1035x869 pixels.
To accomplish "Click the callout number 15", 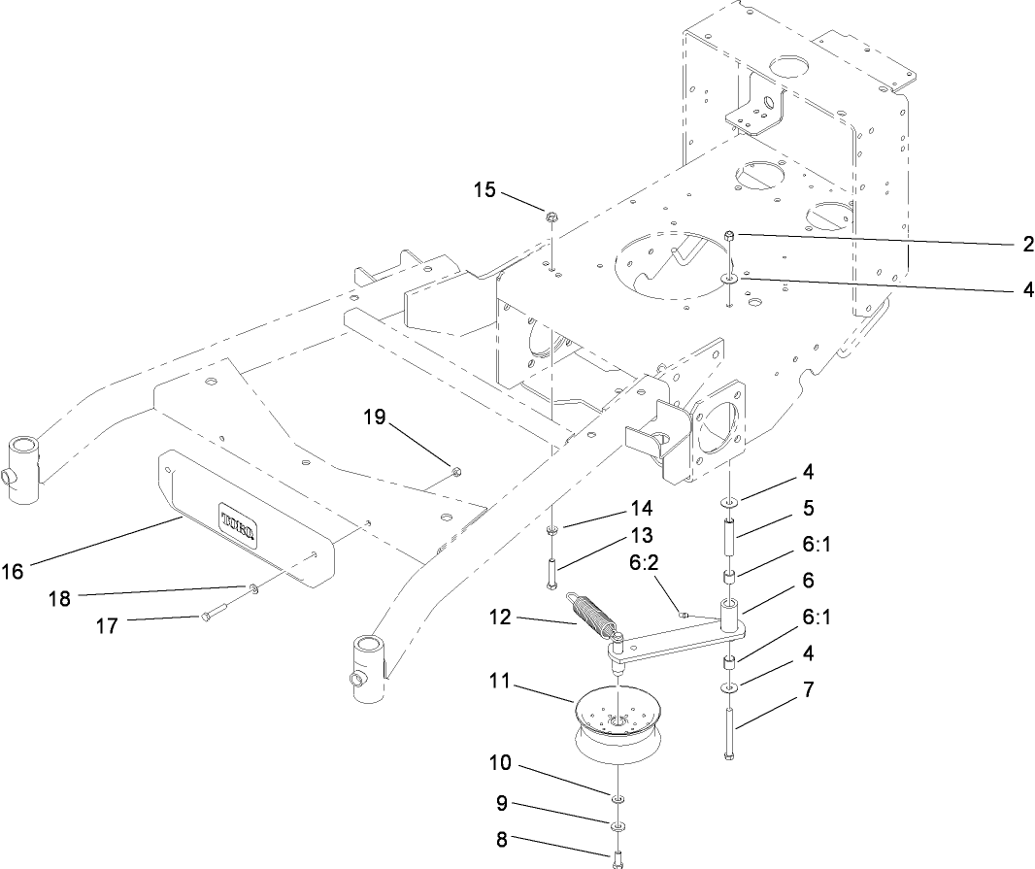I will (x=484, y=189).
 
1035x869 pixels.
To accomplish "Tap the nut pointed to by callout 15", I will (x=551, y=217).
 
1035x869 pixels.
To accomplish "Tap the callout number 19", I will (x=375, y=418).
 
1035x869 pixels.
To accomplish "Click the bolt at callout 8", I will (x=618, y=857).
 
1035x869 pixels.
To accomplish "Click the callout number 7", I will (x=807, y=690).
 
